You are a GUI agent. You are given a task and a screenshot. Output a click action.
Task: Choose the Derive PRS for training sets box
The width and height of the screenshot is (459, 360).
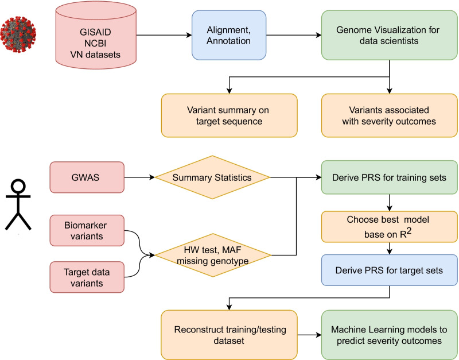point(390,178)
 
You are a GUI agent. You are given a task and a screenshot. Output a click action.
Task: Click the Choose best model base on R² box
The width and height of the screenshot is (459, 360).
point(390,227)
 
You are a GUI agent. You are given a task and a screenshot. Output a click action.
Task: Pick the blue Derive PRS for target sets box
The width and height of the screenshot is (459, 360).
point(390,270)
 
